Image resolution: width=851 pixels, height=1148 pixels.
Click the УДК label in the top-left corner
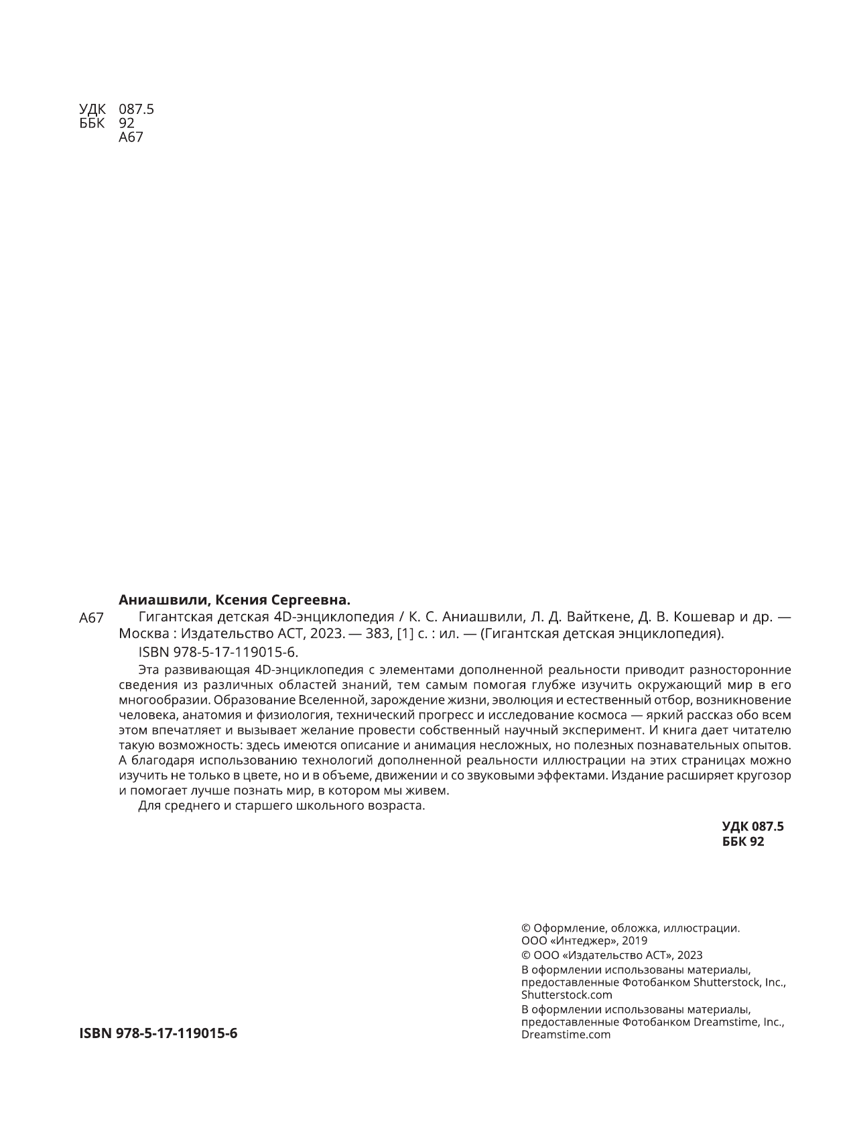(92, 109)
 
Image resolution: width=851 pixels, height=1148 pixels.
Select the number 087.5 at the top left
(136, 109)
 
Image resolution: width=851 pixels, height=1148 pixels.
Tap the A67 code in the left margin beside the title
(91, 618)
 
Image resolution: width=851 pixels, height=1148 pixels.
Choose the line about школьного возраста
(281, 806)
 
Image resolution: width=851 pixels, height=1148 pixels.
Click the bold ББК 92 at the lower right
(743, 842)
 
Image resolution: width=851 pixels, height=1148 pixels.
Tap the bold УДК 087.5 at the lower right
(752, 826)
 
